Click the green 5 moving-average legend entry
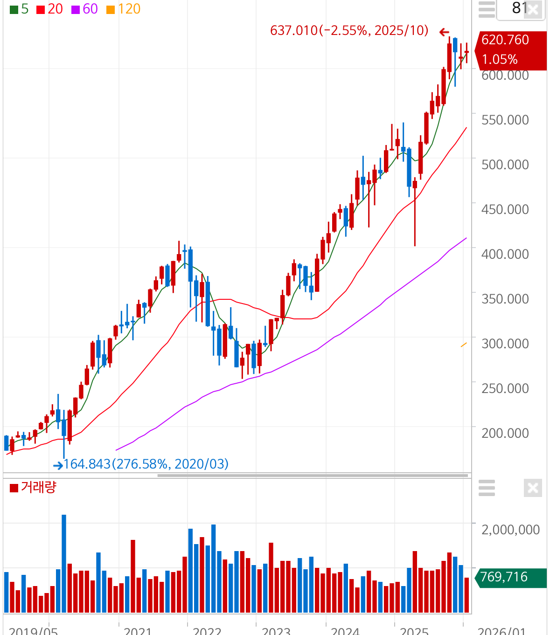click(19, 9)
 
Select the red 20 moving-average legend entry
click(49, 9)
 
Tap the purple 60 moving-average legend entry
click(84, 9)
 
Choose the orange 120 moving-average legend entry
click(123, 9)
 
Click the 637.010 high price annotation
click(349, 31)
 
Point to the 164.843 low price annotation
click(146, 464)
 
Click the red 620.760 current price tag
click(510, 50)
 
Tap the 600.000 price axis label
click(505, 75)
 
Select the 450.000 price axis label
click(505, 209)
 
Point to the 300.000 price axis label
click(505, 344)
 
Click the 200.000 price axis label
click(505, 433)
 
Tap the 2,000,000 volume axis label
click(510, 530)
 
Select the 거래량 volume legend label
click(33, 488)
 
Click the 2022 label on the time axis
click(207, 631)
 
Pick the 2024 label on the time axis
click(345, 631)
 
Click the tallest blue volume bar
click(64, 563)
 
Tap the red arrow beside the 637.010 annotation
click(444, 32)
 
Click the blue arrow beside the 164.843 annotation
click(58, 465)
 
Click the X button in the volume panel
click(533, 488)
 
